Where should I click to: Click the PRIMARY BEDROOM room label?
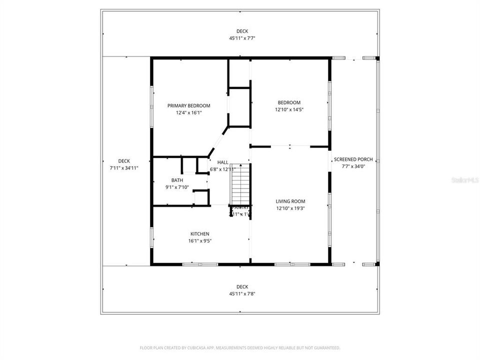pos(188,105)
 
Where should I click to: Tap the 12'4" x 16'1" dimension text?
pos(188,113)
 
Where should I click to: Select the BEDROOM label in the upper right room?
pos(289,102)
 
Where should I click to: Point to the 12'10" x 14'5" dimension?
pos(289,109)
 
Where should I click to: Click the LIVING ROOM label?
pos(290,201)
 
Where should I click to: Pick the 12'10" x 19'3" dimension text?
pos(290,208)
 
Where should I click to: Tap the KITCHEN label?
pos(199,233)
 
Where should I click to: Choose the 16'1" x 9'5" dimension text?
pos(199,240)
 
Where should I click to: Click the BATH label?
pos(177,180)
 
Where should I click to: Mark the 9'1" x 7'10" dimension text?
pos(177,187)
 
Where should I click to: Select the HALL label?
pos(222,162)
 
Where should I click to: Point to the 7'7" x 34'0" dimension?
pos(353,166)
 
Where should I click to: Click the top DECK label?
pos(242,31)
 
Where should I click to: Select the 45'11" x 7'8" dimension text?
pos(242,293)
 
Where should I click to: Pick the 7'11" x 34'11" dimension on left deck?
pos(123,168)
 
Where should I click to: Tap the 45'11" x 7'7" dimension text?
pos(242,38)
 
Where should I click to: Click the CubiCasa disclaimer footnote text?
pos(239,347)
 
